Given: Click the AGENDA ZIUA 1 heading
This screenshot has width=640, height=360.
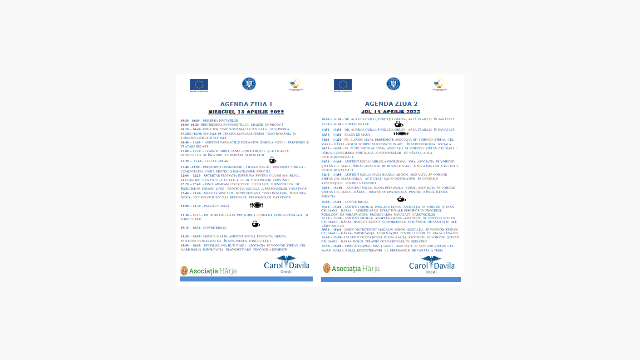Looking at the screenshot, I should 246,104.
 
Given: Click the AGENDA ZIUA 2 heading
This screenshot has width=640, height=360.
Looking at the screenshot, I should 391,104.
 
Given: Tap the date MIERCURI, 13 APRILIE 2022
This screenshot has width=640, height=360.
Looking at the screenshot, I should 246,112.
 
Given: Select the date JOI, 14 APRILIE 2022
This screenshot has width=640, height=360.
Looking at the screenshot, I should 390,111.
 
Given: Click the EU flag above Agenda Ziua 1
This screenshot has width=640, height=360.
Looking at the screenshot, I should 199,84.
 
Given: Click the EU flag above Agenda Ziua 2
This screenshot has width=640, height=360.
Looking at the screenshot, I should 343,84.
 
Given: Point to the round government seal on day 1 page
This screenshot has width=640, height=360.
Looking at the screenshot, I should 249,84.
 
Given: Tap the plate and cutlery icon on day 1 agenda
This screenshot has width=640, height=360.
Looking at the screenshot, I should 256,205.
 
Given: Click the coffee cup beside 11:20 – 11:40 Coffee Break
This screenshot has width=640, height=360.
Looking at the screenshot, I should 272,160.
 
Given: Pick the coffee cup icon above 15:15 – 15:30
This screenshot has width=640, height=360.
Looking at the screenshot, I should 256,224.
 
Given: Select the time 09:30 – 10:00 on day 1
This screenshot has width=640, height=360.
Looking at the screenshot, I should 190,120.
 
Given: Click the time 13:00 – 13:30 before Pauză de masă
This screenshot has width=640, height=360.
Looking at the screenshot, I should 190,206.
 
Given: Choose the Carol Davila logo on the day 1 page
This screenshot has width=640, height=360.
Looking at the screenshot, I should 286,265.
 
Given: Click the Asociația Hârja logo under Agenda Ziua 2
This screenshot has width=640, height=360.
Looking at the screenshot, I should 351,268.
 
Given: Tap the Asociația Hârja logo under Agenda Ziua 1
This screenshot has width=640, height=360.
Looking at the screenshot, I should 208,271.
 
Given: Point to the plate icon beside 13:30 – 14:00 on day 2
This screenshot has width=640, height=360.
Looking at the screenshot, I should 401,134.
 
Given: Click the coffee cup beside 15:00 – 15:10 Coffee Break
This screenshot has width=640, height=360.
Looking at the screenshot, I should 401,199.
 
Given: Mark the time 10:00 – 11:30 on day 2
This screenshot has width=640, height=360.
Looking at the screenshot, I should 331,119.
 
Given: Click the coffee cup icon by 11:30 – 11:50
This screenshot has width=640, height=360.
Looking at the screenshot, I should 399,123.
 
